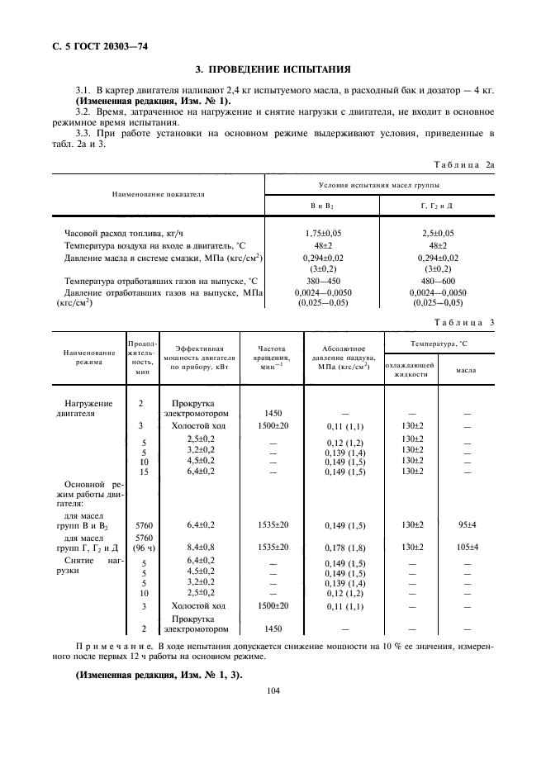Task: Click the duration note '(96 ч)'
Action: click(x=141, y=547)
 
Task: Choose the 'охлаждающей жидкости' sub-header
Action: click(x=411, y=369)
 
